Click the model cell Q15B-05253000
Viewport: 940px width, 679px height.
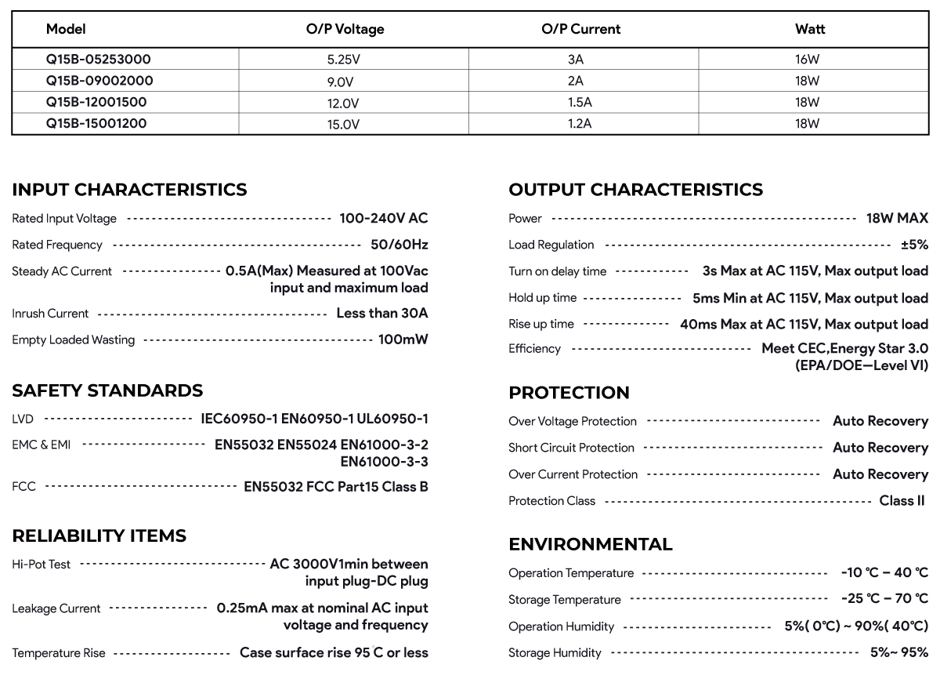98,60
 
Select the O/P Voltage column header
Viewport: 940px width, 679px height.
345,30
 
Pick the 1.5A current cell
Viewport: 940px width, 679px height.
579,103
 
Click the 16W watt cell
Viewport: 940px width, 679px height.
807,60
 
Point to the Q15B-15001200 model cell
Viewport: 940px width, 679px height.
96,124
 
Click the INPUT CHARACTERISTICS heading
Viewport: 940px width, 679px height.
129,190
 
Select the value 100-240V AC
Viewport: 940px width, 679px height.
383,219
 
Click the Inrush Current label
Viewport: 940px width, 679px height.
50,314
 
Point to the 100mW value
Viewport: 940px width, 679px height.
403,340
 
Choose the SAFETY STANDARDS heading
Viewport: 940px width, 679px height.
107,390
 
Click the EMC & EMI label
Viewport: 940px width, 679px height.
42,445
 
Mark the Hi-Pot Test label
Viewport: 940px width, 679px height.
42,565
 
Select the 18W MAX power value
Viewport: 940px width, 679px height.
897,219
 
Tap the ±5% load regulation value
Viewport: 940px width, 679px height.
914,245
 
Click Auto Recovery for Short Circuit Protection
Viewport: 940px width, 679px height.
880,448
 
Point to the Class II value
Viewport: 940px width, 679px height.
902,501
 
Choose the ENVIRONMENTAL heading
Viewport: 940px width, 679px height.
590,544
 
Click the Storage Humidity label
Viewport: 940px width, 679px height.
555,653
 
